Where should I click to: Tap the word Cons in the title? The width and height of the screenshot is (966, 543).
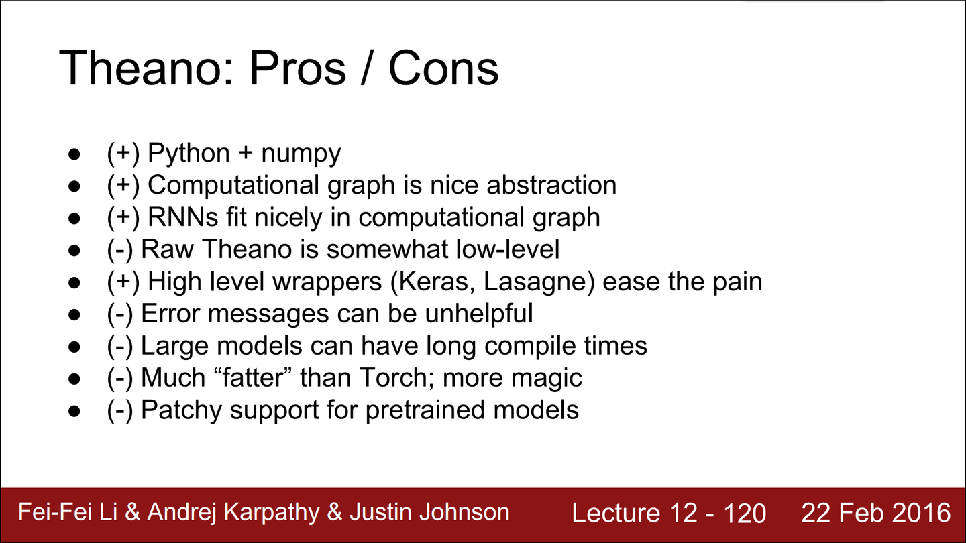(x=444, y=68)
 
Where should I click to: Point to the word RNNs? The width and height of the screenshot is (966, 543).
(x=183, y=217)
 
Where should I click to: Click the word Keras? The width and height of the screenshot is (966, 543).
(x=432, y=282)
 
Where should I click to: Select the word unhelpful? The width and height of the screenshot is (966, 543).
(x=479, y=314)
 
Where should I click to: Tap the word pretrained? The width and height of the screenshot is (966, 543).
(x=425, y=410)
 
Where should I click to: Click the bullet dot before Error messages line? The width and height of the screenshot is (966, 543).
(x=74, y=314)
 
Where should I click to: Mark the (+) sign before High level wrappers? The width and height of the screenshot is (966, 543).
(x=123, y=282)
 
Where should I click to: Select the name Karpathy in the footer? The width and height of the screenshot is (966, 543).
(x=272, y=513)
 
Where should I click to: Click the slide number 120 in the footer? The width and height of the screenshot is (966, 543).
(x=745, y=514)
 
